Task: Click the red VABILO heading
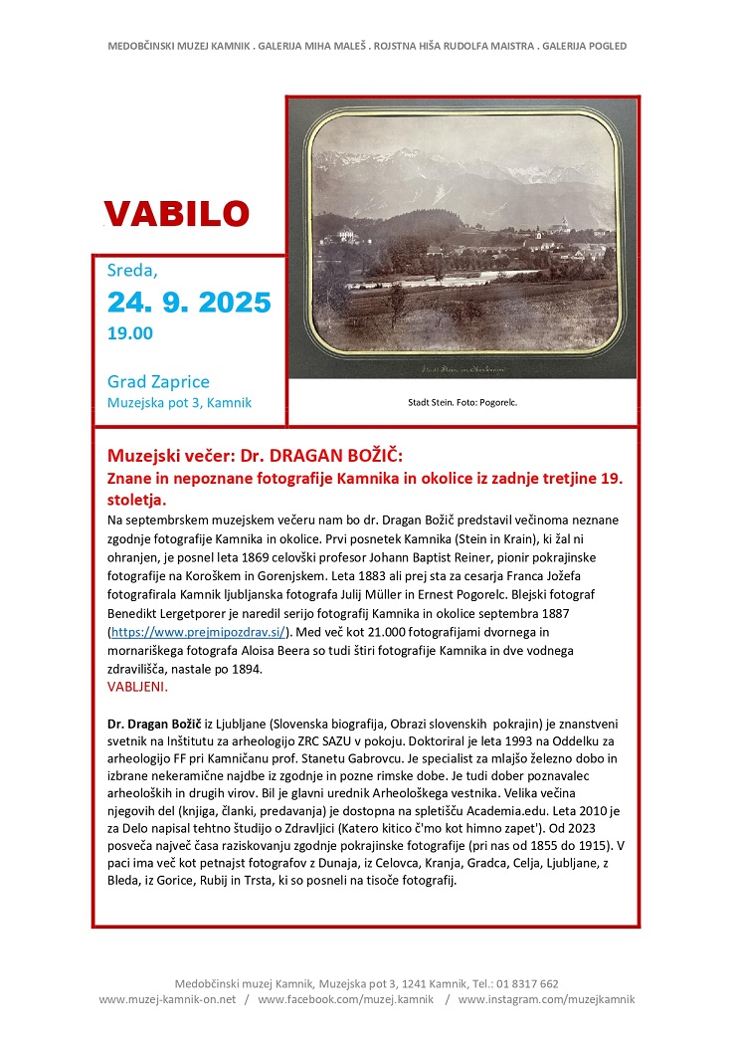click(x=176, y=213)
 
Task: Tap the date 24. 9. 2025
click(x=189, y=302)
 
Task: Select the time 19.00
click(x=130, y=333)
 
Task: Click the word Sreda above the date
click(x=132, y=269)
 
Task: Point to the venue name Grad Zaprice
click(x=158, y=382)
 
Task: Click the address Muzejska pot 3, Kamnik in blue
click(x=179, y=403)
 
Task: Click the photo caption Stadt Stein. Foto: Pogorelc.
click(x=462, y=403)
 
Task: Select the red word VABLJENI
click(x=137, y=687)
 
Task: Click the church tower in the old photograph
click(x=564, y=226)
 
